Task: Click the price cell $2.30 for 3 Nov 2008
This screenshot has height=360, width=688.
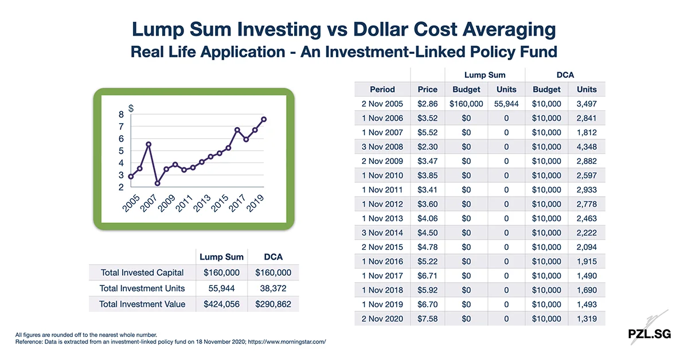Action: pos(427,147)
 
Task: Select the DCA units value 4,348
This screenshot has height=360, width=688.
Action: pos(586,147)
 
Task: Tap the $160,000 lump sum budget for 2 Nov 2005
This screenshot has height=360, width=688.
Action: pos(466,104)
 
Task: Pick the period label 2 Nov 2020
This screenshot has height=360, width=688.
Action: pos(382,319)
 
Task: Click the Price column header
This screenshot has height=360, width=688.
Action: pos(427,89)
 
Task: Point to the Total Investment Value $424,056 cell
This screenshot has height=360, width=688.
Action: pos(222,304)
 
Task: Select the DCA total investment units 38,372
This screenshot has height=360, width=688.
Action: pos(273,288)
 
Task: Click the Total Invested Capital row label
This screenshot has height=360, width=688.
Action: pos(142,273)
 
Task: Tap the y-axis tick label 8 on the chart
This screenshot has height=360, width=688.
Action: pos(121,115)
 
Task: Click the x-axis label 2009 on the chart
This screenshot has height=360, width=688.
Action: pos(166,203)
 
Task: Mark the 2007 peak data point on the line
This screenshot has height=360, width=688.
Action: pos(148,144)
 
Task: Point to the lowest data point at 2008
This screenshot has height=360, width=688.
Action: pos(157,183)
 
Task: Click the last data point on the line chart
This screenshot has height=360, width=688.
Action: pos(264,119)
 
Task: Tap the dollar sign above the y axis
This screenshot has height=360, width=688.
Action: pos(131,108)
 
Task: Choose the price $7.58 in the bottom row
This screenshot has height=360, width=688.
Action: pos(427,319)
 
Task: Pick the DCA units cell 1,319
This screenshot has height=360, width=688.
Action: pos(586,319)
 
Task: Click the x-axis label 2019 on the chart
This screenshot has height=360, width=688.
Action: pos(255,203)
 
